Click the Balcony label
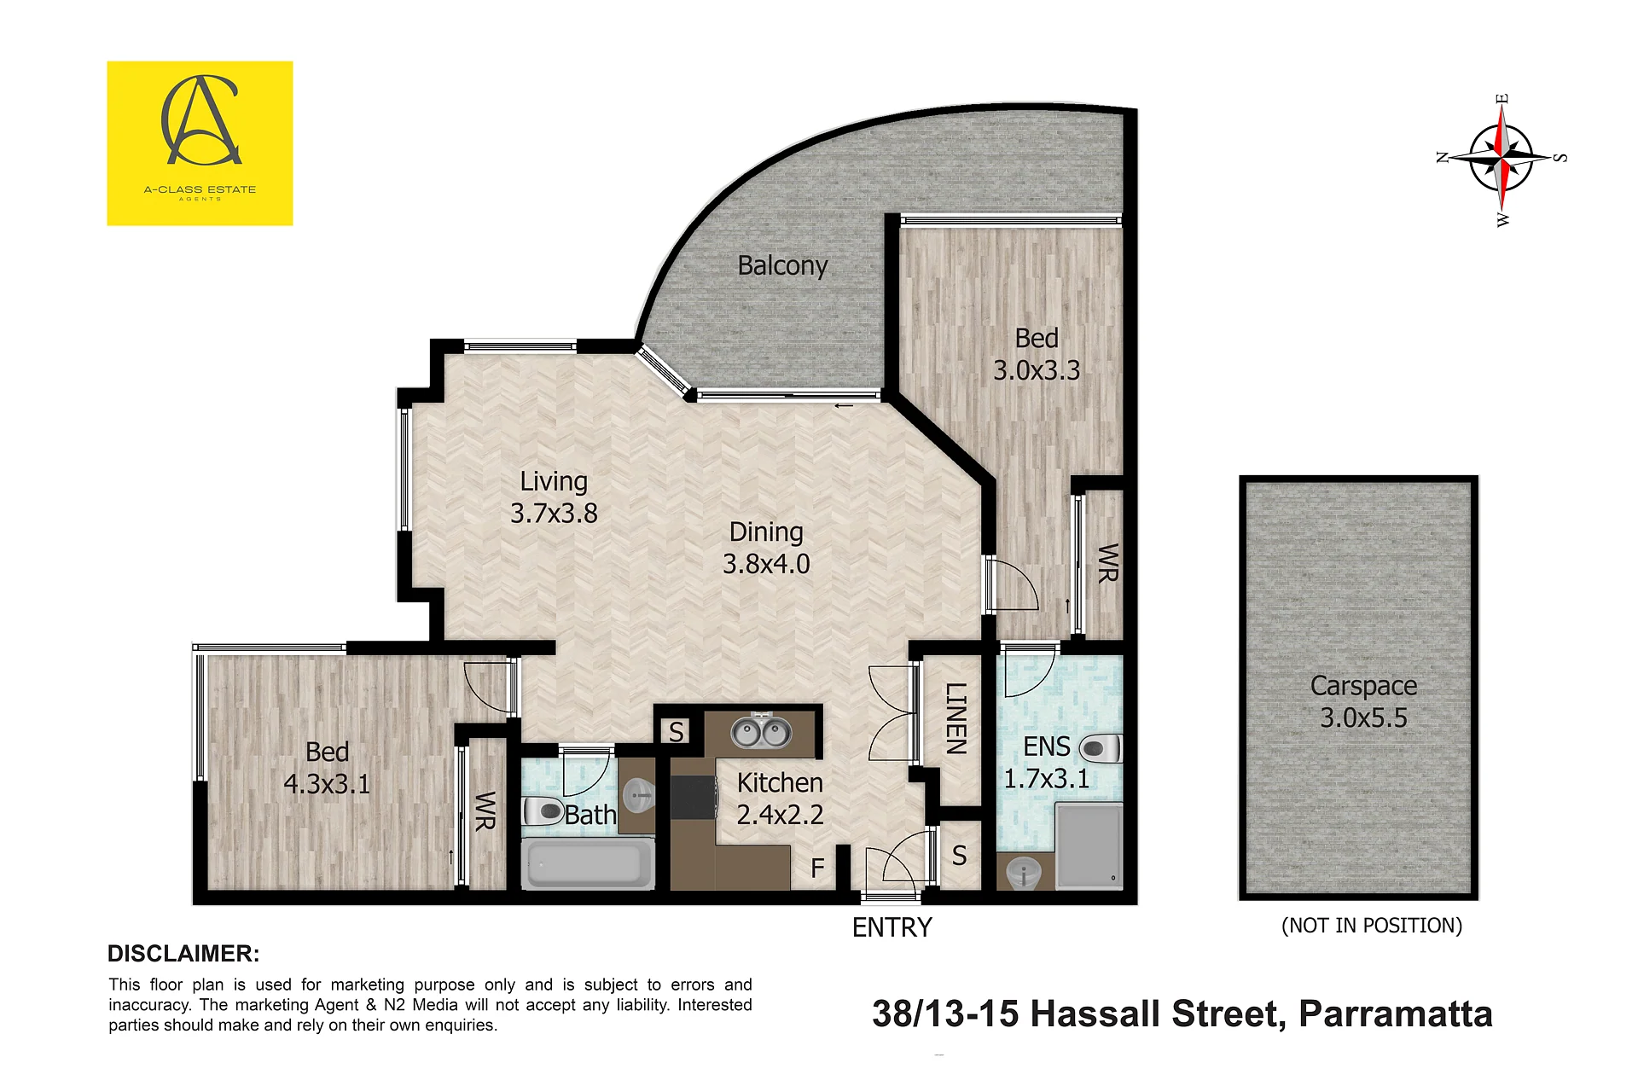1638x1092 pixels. (x=782, y=266)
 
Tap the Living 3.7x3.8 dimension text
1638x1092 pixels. (x=554, y=514)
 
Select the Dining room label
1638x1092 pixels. (x=766, y=532)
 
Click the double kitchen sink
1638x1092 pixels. (x=761, y=731)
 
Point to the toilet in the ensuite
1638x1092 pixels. (x=1101, y=749)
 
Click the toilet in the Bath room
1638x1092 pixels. (x=543, y=810)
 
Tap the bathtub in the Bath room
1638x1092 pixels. (x=587, y=863)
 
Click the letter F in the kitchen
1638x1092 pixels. (x=817, y=868)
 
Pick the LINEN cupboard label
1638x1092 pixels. (x=956, y=718)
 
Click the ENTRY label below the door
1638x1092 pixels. (x=892, y=927)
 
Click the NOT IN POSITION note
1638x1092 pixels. (x=1372, y=926)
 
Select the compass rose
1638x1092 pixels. (x=1501, y=159)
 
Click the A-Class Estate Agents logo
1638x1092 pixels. (x=200, y=143)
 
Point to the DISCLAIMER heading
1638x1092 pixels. (x=183, y=954)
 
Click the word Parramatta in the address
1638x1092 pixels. (x=1396, y=1014)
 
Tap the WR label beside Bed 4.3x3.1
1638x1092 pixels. (x=485, y=810)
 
